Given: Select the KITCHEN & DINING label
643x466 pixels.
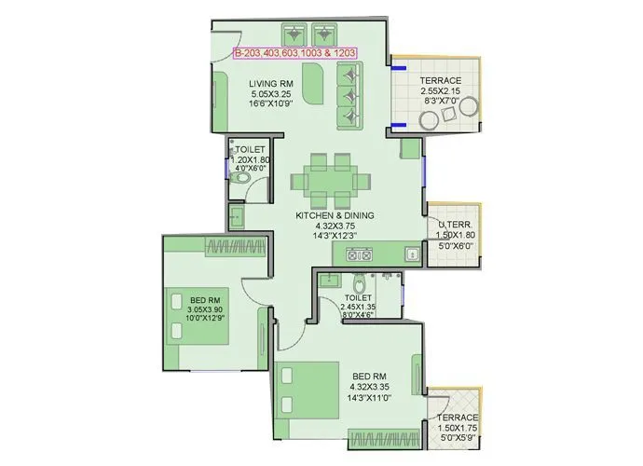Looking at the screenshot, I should point(335,215).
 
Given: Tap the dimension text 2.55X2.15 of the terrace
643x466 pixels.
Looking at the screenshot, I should point(439,92).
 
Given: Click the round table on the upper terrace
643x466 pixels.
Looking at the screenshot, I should point(431,120).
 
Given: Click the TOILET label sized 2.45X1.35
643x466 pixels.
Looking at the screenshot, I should point(357,297).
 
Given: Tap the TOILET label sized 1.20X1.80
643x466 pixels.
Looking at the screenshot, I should point(251,149).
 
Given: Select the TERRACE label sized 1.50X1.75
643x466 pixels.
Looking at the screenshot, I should point(457,418).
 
